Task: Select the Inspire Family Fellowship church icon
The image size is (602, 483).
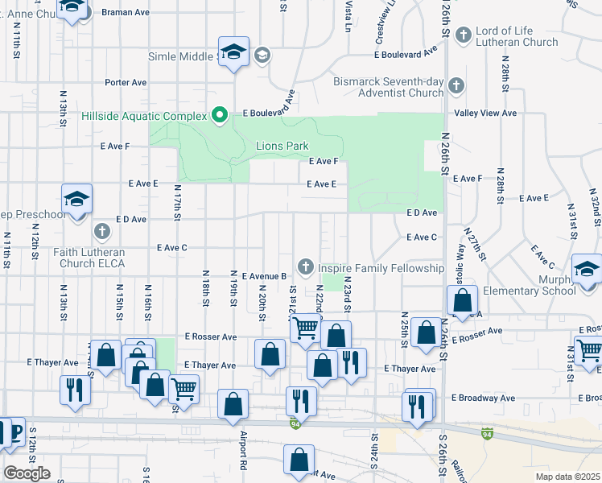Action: (x=305, y=266)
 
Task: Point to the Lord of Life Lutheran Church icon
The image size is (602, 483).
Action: (x=463, y=35)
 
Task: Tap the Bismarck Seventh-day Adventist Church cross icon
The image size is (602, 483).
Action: (x=456, y=85)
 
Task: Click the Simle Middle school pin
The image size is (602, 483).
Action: (x=234, y=53)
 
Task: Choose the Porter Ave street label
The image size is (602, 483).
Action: (x=126, y=82)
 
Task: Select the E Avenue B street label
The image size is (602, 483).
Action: (x=264, y=275)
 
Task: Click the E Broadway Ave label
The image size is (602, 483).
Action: (x=483, y=398)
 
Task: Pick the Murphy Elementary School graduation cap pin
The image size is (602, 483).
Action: (x=587, y=270)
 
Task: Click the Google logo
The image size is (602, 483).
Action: (x=27, y=473)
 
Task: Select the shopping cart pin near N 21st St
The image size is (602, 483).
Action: (x=305, y=328)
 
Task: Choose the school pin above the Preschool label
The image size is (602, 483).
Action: (x=77, y=199)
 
